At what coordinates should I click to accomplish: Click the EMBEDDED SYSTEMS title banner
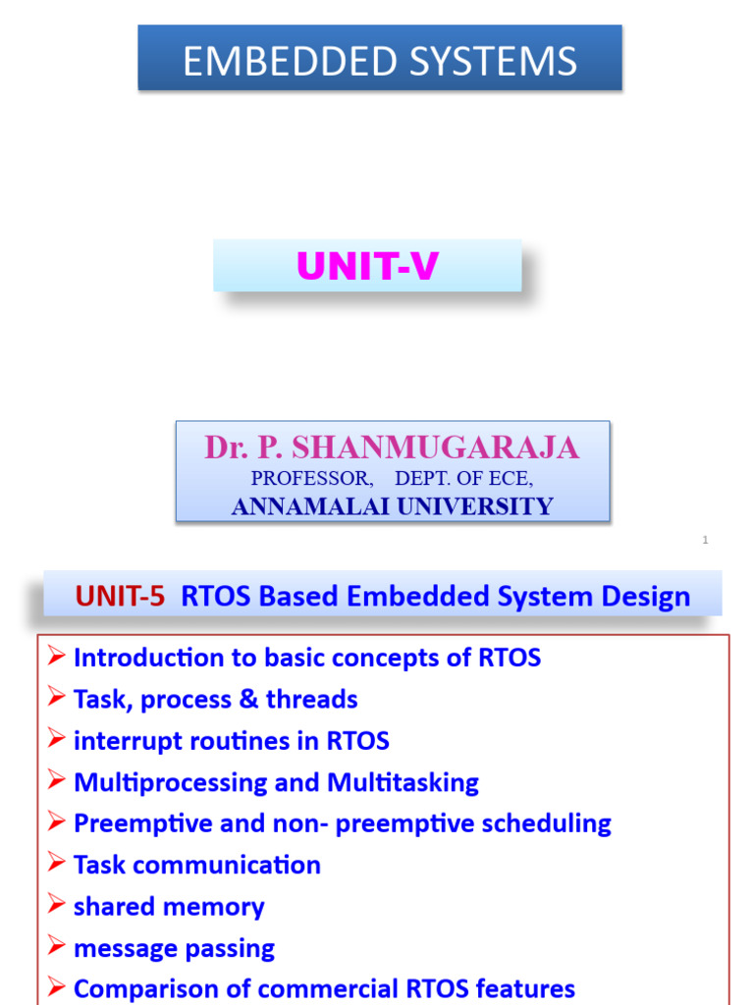click(x=379, y=61)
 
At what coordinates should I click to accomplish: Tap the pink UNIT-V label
click(x=367, y=267)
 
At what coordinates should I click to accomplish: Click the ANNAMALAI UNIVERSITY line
click(x=392, y=506)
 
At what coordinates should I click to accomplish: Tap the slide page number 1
click(x=705, y=540)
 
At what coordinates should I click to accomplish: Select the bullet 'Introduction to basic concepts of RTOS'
click(x=306, y=658)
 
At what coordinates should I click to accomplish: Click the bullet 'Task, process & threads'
click(x=215, y=700)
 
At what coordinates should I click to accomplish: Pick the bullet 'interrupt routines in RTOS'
click(x=231, y=741)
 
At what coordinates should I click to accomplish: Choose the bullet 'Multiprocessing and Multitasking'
click(x=276, y=782)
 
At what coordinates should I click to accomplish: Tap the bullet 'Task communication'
click(x=196, y=865)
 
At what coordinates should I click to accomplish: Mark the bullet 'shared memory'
click(x=169, y=907)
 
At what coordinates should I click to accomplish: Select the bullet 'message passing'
click(x=174, y=948)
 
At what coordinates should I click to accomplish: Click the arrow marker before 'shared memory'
click(x=56, y=906)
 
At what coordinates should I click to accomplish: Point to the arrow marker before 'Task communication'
click(x=56, y=864)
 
